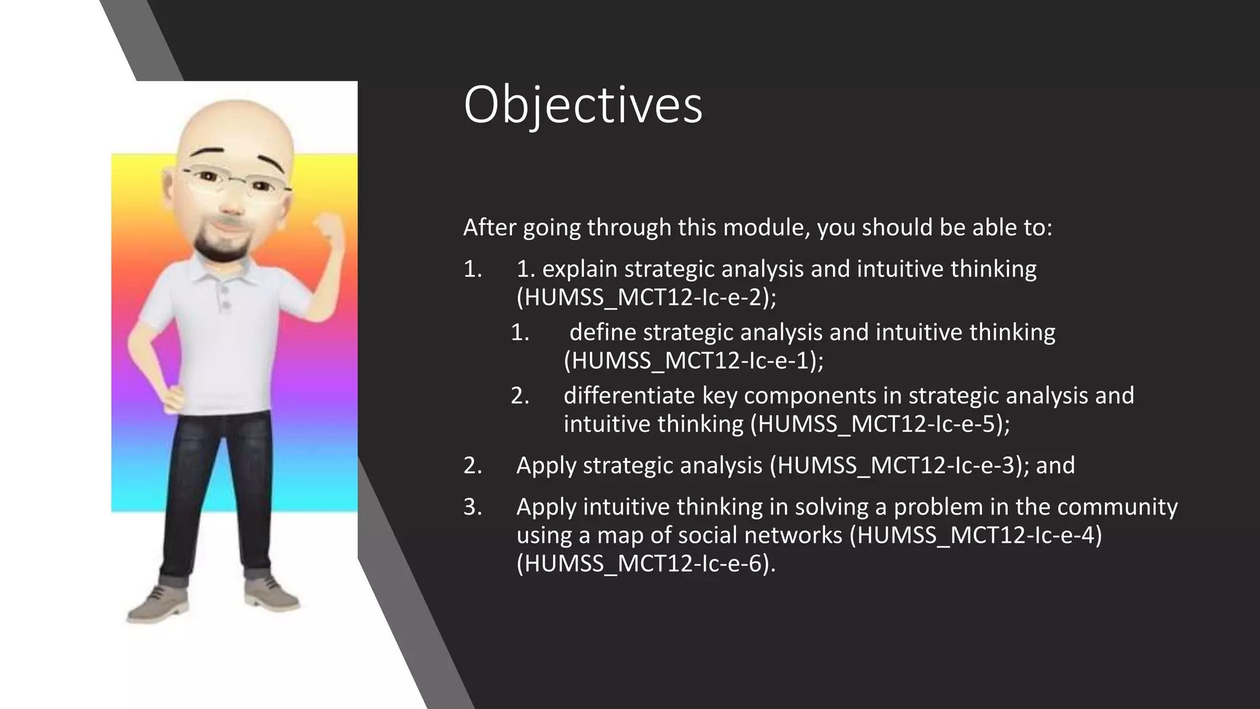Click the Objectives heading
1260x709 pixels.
(x=582, y=106)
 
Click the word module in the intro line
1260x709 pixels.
(x=764, y=228)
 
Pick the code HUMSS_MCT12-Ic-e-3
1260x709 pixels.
(x=896, y=465)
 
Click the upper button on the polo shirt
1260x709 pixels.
(x=225, y=289)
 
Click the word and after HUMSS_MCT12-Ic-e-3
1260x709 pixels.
(x=1055, y=465)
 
